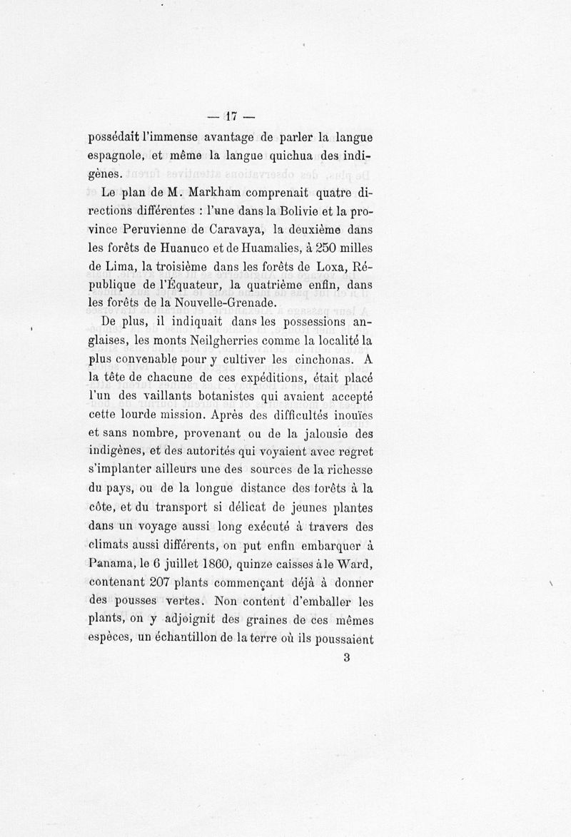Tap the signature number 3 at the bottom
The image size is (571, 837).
346,658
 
